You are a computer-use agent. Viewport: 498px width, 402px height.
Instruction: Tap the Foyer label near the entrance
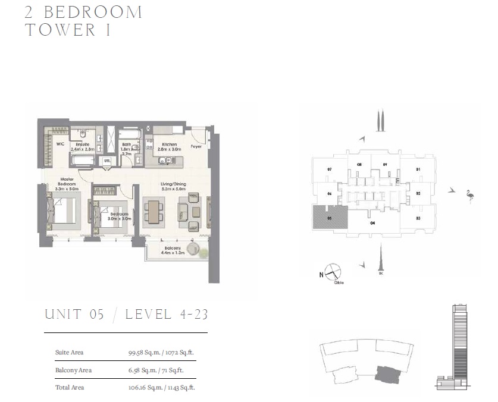(x=196, y=146)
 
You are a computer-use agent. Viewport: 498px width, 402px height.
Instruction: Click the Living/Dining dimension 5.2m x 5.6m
(x=174, y=190)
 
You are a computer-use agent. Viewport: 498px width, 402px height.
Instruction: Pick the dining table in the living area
(x=154, y=212)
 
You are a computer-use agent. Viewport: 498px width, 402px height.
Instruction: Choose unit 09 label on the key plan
(x=385, y=164)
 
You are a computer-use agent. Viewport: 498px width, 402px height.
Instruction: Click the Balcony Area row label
(x=73, y=370)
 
